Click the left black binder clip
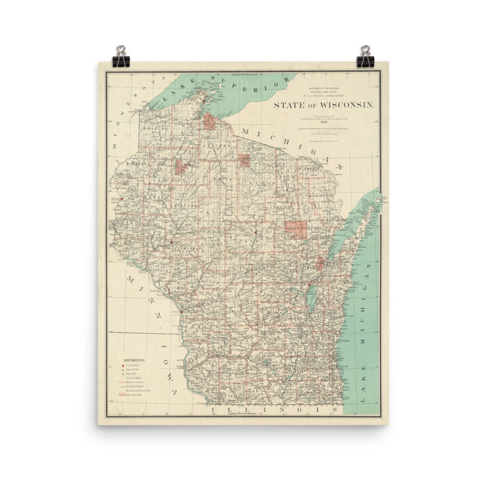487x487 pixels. coord(121,56)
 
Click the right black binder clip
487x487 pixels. coord(364,56)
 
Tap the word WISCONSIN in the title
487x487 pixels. coord(347,105)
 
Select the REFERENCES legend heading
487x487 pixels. coord(134,360)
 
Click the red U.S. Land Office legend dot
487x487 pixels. coord(122,365)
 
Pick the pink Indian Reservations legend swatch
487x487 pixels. coord(122,395)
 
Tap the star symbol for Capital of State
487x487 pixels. coord(122,370)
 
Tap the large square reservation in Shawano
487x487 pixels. coord(295,230)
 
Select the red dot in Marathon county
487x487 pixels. coord(256,233)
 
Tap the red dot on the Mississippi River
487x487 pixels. coord(181,311)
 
